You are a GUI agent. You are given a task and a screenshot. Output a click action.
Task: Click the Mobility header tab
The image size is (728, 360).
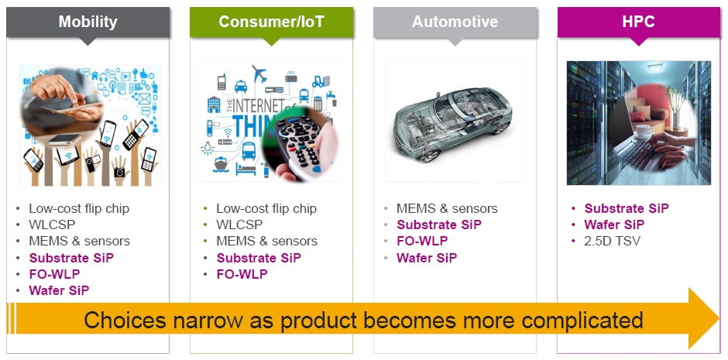[88, 22]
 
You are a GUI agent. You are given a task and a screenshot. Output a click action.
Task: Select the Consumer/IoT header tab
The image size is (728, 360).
[271, 22]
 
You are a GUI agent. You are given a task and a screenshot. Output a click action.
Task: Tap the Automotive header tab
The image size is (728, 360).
[455, 22]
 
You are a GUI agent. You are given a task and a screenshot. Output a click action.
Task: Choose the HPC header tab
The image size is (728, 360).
[638, 22]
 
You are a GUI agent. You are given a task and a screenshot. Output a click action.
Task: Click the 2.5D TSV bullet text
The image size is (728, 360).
[612, 242]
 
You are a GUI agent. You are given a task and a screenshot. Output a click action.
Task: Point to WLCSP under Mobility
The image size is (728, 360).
[52, 225]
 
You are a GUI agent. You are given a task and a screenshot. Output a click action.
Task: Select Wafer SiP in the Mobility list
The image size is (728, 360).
[59, 290]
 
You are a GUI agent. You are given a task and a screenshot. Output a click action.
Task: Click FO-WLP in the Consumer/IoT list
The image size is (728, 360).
[242, 274]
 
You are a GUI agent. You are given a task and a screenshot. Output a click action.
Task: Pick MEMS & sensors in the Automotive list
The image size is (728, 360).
[447, 209]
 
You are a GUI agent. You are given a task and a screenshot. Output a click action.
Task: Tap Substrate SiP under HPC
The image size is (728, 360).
[627, 209]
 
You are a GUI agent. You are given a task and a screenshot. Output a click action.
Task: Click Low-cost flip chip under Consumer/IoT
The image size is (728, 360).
[266, 209]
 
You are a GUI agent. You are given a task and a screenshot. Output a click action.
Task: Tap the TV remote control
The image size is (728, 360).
[300, 144]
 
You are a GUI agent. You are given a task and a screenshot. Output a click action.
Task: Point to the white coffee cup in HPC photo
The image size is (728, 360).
[644, 132]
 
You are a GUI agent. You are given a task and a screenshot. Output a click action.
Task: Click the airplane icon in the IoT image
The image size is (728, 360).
[259, 74]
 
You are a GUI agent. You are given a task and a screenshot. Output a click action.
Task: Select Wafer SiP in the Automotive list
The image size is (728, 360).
[427, 258]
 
